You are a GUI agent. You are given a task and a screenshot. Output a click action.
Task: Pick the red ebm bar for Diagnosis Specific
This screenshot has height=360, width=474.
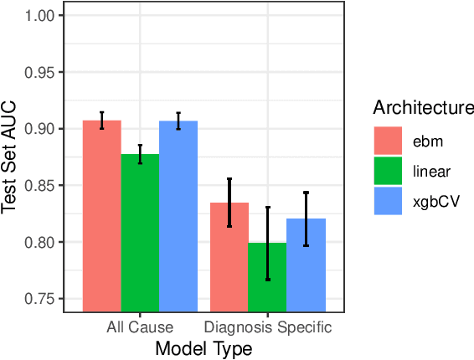(x=229, y=255)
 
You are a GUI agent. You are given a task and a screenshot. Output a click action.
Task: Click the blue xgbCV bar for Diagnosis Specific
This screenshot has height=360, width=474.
(x=307, y=263)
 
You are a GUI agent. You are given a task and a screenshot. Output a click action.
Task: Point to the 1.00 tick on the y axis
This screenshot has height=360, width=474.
(x=42, y=16)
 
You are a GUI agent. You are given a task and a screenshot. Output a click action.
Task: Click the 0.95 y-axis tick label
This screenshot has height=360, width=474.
(x=42, y=72)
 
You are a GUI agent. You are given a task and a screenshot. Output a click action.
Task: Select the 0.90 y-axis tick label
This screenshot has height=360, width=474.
(x=42, y=129)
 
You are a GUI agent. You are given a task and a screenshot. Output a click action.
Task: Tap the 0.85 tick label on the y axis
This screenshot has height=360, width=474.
(x=42, y=185)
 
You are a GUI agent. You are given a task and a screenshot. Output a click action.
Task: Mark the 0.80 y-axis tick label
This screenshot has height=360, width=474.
(x=42, y=242)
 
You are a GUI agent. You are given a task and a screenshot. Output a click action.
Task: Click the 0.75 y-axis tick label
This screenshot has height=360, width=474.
(x=42, y=299)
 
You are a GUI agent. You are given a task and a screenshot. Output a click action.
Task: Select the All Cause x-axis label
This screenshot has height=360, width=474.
(x=140, y=327)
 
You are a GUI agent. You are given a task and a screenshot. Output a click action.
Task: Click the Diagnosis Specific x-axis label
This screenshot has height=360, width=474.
(x=268, y=327)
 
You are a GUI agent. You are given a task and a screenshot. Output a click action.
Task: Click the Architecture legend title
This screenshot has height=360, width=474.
(x=424, y=107)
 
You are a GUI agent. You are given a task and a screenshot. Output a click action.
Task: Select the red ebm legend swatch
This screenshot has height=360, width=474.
(x=388, y=136)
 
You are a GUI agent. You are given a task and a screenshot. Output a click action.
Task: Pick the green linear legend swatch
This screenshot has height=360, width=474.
(x=388, y=171)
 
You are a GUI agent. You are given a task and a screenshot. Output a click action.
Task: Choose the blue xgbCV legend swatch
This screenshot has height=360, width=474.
(x=388, y=202)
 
